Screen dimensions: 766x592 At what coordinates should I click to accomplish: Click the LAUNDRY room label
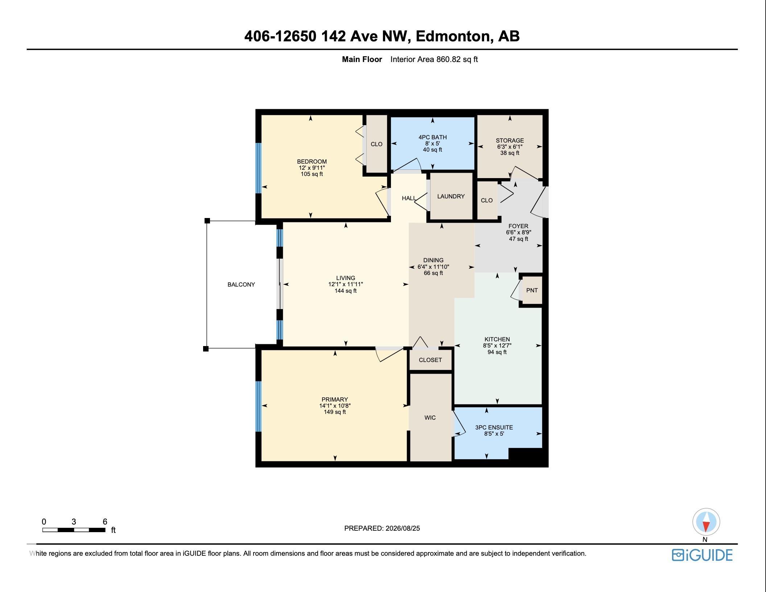[451, 196]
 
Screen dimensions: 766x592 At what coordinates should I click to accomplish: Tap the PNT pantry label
[532, 290]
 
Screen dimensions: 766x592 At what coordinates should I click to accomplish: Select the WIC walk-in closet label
[430, 418]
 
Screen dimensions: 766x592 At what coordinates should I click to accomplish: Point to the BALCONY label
[241, 284]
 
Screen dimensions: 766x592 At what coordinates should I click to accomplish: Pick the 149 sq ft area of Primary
[335, 412]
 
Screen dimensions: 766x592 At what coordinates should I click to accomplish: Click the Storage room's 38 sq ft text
[510, 153]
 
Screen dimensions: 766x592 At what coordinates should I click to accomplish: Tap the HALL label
[409, 198]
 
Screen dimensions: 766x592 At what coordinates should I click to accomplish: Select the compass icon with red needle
[706, 522]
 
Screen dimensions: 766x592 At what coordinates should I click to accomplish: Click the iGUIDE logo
[702, 555]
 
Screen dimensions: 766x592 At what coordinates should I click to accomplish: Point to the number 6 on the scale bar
[105, 522]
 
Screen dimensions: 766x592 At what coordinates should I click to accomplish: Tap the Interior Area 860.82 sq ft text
[434, 59]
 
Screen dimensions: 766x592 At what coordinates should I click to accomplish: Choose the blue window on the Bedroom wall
[258, 168]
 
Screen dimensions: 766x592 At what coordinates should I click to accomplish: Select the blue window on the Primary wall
[258, 406]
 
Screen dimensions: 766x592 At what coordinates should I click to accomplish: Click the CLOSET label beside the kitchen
[430, 360]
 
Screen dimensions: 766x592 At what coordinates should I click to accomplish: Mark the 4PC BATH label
[432, 137]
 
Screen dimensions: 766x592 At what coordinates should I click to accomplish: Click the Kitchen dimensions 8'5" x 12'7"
[497, 346]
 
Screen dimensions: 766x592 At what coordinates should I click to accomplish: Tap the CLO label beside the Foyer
[487, 200]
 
